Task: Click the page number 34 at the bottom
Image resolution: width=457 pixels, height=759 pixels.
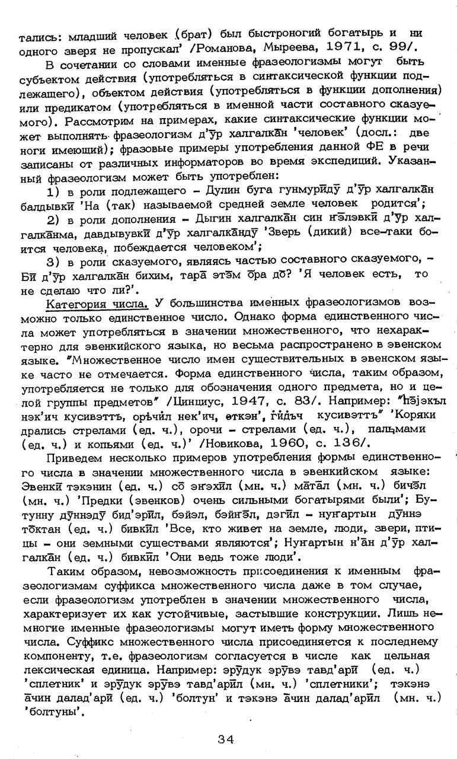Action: click(x=225, y=738)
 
